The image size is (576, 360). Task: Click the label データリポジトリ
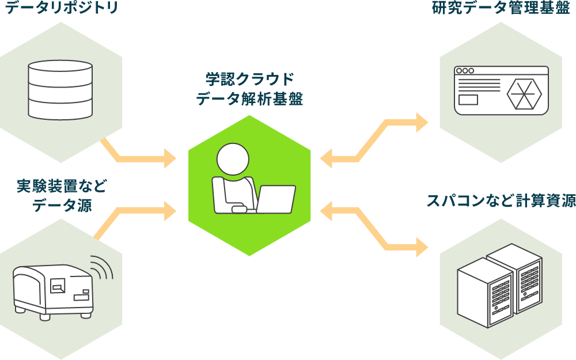62,8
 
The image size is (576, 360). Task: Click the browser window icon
501,90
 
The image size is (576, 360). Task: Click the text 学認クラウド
249,79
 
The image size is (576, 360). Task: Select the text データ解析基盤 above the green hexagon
249,99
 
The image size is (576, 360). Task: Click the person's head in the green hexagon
233,160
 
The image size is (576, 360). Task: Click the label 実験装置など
62,186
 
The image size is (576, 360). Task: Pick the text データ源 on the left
62,205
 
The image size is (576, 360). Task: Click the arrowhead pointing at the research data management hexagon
422,122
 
